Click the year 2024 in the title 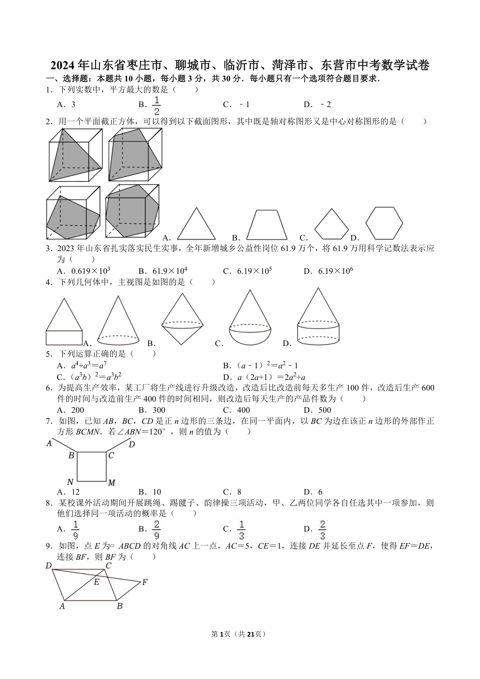[x=62, y=66]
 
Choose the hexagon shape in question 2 [x=385, y=223]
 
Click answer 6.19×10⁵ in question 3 [x=255, y=271]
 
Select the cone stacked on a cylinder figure [x=318, y=317]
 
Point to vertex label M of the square [x=112, y=483]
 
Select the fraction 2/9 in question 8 [x=157, y=528]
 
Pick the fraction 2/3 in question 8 [x=322, y=528]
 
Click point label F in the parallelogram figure [x=145, y=583]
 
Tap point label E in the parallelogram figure [x=96, y=582]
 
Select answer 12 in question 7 [x=75, y=492]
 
